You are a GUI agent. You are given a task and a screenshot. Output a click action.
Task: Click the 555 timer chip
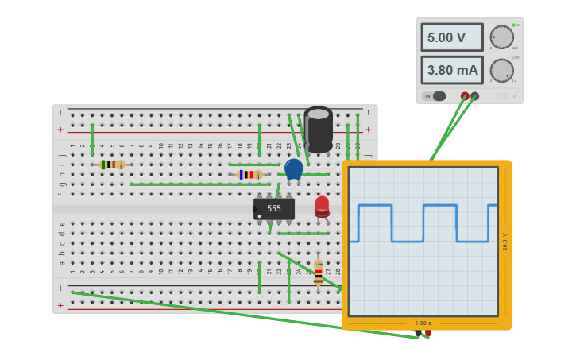pos(274,208)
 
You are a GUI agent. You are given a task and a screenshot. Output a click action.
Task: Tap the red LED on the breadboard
pos(322,206)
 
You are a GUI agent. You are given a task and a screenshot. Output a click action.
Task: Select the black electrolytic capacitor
pos(319,130)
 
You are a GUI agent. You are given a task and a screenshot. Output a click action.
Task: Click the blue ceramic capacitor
pos(294,168)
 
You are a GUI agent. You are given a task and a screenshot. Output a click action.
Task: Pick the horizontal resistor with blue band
pos(251,174)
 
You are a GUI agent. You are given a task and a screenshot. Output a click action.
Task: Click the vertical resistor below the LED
pos(318,272)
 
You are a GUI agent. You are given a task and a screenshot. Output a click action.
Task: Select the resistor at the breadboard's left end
pos(112,165)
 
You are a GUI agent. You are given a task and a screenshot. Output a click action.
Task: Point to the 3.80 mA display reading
pos(451,70)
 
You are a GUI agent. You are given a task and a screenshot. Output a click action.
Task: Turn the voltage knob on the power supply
pos(501,37)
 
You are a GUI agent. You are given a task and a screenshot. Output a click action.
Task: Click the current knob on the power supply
pos(501,70)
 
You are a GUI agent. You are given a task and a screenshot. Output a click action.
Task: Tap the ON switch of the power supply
pos(434,96)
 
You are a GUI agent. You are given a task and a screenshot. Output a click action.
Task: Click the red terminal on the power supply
pos(465,96)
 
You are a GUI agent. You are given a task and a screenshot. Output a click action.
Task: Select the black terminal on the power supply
pos(475,96)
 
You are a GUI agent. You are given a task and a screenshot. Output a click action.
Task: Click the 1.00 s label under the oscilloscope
pos(423,323)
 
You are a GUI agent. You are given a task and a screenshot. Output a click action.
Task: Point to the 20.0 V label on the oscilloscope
pos(505,242)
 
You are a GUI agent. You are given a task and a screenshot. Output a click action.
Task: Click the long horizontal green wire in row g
pos(199,184)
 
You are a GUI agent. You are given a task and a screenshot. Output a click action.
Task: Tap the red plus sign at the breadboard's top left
pos(60,129)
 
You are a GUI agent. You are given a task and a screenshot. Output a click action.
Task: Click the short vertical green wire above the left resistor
pos(92,140)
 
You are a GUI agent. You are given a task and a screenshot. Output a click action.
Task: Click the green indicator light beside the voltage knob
pos(513,25)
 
